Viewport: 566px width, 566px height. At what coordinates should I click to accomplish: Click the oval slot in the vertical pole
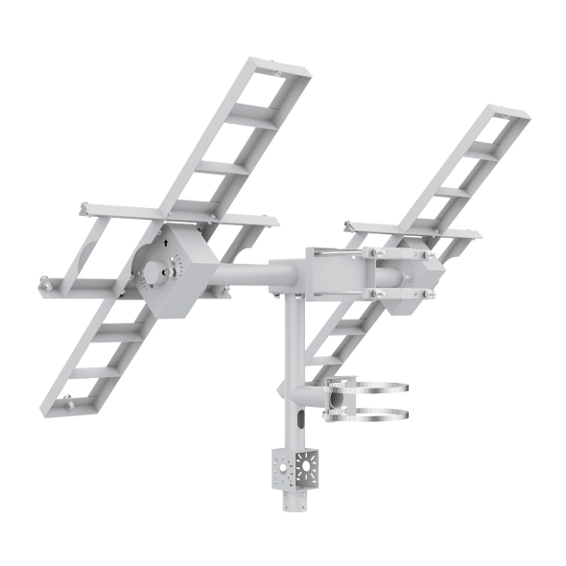click(299, 419)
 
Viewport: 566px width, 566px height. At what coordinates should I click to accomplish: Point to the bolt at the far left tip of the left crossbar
click(43, 282)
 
